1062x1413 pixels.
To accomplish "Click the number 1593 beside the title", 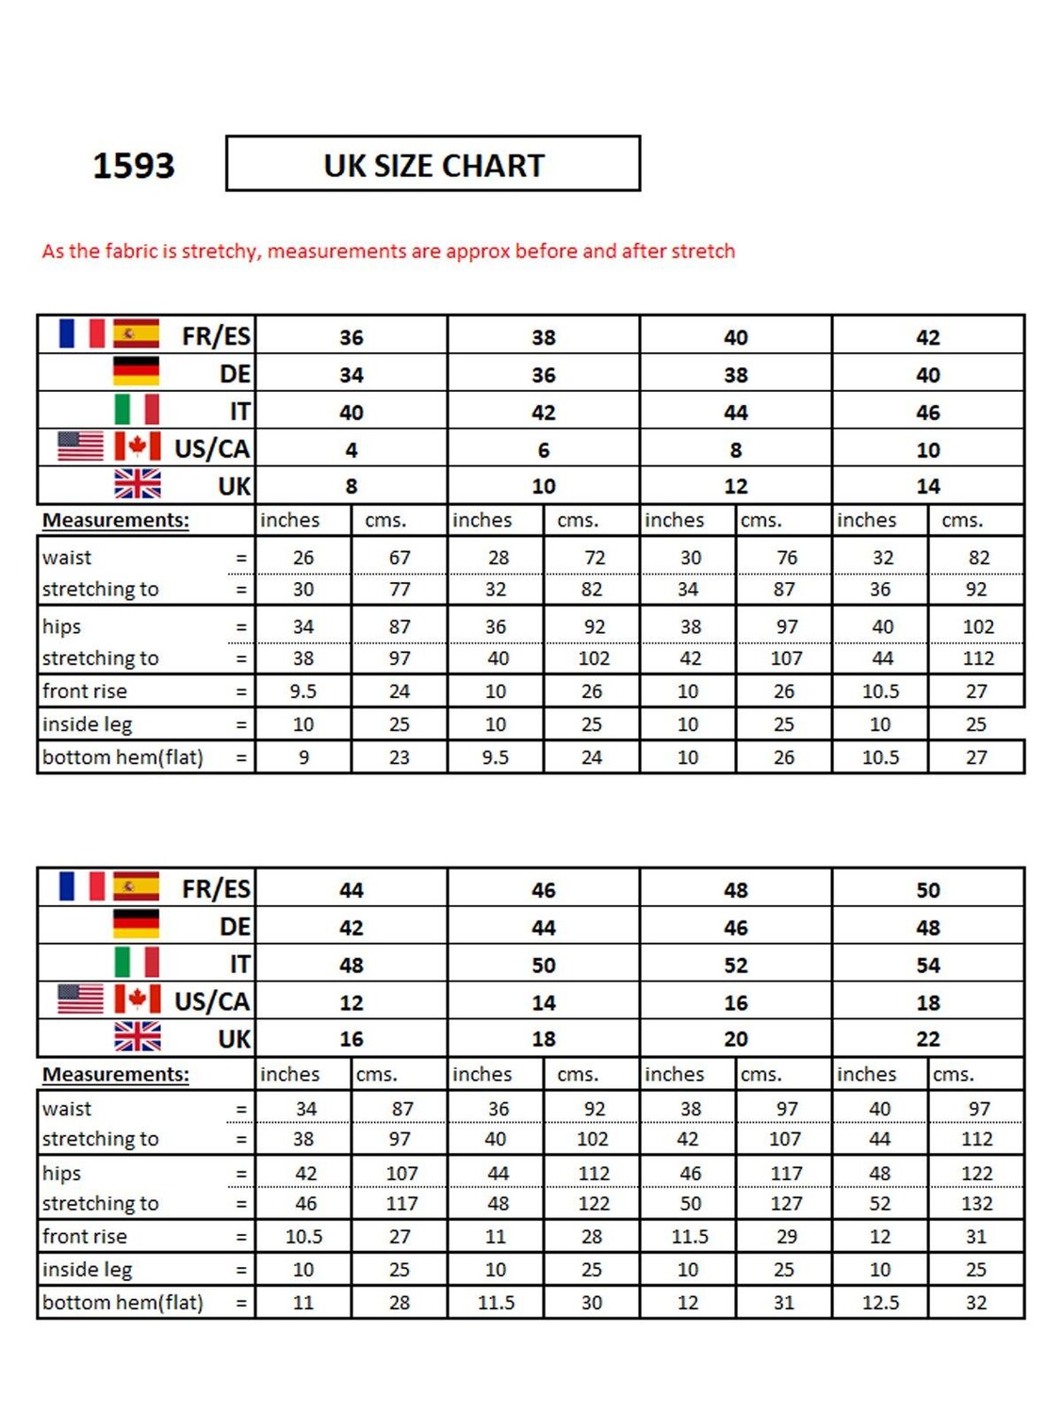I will click(133, 166).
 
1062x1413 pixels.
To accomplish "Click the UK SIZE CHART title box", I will click(433, 165).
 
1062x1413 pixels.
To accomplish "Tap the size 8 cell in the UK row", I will click(351, 486).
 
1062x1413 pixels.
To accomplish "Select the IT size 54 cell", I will click(927, 966).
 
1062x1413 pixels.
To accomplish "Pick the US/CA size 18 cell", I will click(927, 1003).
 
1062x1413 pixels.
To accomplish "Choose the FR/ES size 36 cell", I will click(351, 337).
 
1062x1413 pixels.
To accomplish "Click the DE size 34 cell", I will click(351, 375).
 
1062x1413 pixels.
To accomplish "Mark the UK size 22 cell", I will click(927, 1039).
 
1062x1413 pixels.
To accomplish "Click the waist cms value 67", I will click(400, 558).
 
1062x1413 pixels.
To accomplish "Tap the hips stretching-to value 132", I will click(976, 1204).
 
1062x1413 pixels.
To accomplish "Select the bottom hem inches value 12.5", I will click(880, 1303).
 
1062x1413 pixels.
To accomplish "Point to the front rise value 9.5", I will click(302, 691).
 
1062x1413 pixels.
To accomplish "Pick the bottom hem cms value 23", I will click(400, 757).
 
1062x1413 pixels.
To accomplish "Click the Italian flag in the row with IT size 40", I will click(137, 410).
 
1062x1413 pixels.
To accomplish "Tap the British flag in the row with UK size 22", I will click(138, 1036).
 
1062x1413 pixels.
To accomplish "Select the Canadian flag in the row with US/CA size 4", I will click(138, 446).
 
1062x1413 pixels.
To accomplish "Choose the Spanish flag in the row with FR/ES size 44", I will click(136, 886).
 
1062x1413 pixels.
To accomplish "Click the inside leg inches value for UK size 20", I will click(688, 1270).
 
